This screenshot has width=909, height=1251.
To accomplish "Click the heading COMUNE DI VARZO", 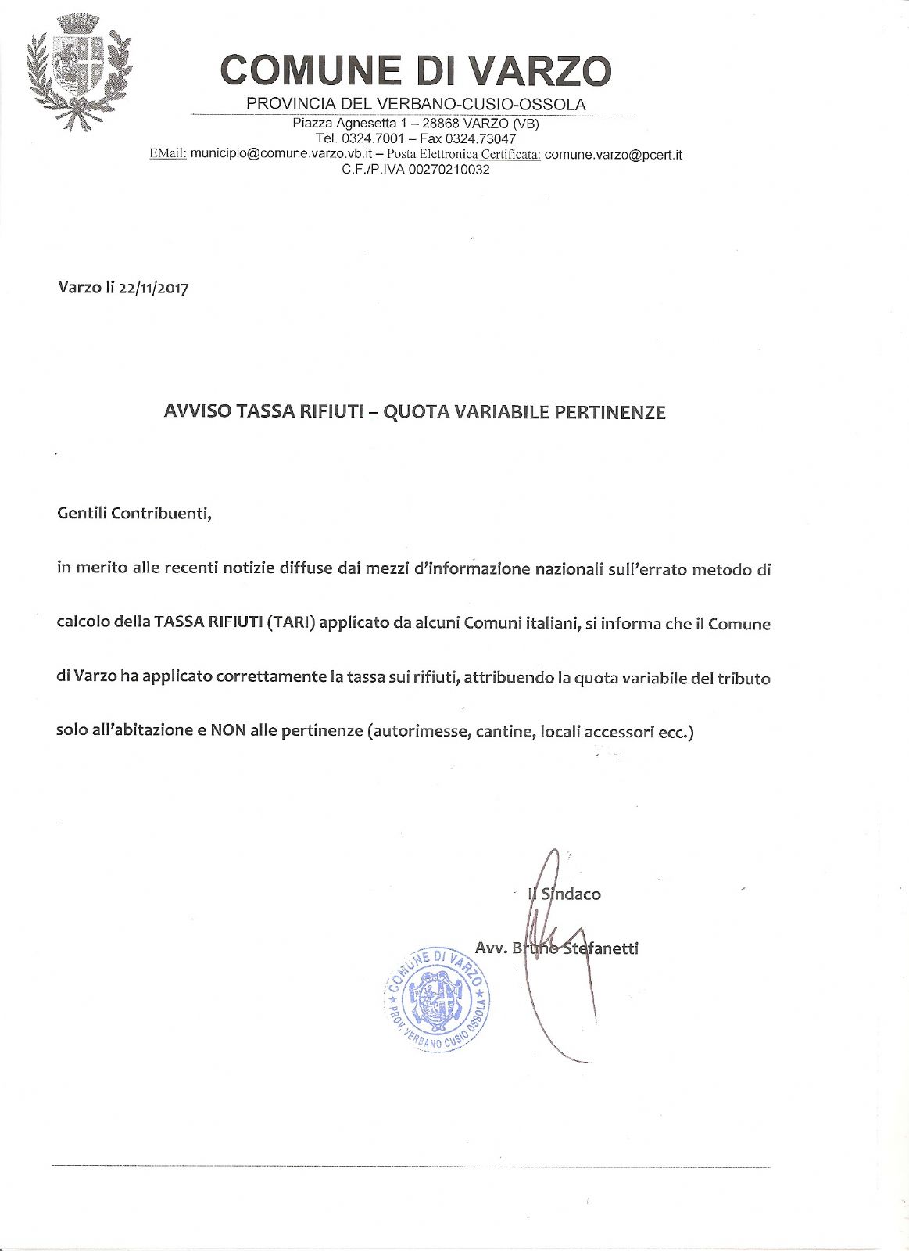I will pyautogui.click(x=416, y=70).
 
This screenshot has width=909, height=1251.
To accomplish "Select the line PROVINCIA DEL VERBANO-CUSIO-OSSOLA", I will pyautogui.click(x=416, y=104).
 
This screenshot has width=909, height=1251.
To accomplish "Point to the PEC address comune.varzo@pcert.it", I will pyautogui.click(x=613, y=154).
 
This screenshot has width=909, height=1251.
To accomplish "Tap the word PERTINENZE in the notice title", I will pyautogui.click(x=610, y=412).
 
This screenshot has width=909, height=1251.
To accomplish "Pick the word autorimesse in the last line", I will pyautogui.click(x=416, y=731).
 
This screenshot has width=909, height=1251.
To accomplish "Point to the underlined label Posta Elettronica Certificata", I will pyautogui.click(x=463, y=154).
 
